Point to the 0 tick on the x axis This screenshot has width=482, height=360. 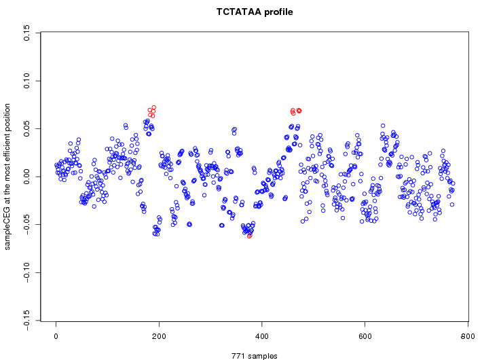pos(56,336)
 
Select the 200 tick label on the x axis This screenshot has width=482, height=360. pos(159,336)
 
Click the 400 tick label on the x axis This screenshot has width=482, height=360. pos(262,336)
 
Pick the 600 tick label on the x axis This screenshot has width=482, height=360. pos(365,336)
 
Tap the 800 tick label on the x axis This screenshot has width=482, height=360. pos(468,336)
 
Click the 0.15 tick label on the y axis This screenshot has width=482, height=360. pos(26,33)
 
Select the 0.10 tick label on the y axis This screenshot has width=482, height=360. pos(26,81)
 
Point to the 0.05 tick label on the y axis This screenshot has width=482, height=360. pos(26,129)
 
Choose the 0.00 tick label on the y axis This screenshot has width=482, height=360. pos(26,177)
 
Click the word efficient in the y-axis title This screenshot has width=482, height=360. pos(7,145)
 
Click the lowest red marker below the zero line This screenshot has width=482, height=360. pos(250,236)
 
